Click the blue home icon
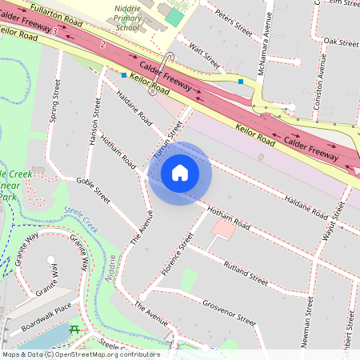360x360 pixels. [180, 172]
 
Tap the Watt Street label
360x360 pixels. [204, 55]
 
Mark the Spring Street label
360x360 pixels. [54, 100]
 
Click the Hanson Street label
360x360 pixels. [97, 125]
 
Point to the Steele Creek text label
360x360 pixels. [80, 217]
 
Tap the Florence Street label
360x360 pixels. [177, 254]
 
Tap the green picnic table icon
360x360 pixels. [74, 329]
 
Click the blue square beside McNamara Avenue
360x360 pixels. [241, 81]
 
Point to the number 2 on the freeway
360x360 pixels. [103, 46]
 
